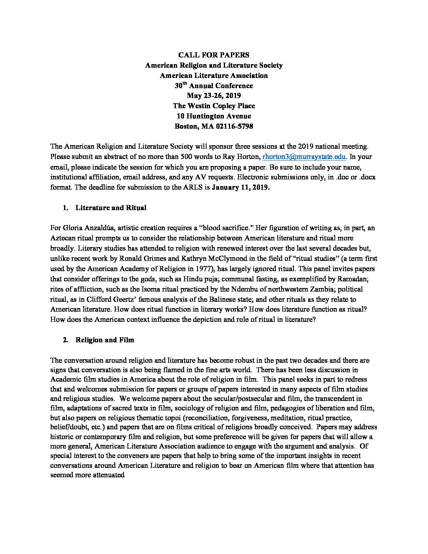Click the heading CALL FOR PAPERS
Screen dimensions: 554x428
point(214,55)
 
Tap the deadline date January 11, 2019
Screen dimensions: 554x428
point(240,187)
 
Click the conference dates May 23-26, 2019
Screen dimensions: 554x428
point(214,96)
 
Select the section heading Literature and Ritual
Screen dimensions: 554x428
point(111,208)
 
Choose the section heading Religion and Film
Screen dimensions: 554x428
point(105,340)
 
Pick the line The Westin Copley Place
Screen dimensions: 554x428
point(214,106)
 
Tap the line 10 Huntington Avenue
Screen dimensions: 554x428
point(214,116)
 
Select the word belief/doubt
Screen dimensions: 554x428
point(67,427)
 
